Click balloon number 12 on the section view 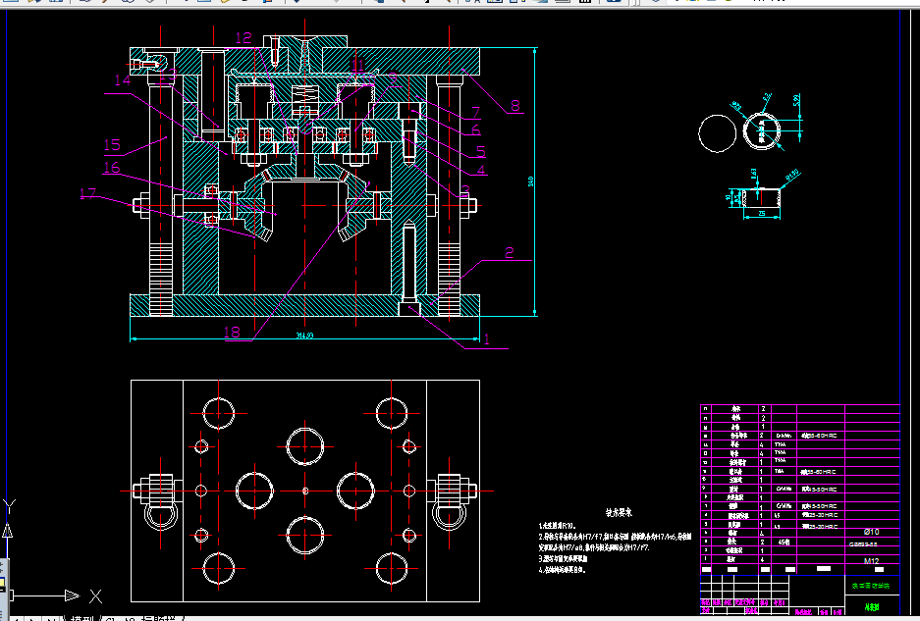coord(244,38)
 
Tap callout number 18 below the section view coord(232,333)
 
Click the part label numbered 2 coord(510,252)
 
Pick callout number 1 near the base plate coord(485,339)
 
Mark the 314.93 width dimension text coord(304,336)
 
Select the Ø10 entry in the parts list coord(871,531)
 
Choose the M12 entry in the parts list coord(871,561)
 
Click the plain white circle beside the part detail coord(718,132)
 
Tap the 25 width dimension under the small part coord(760,212)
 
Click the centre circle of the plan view coord(305,491)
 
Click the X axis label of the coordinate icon coord(95,595)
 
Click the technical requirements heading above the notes coord(618,512)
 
